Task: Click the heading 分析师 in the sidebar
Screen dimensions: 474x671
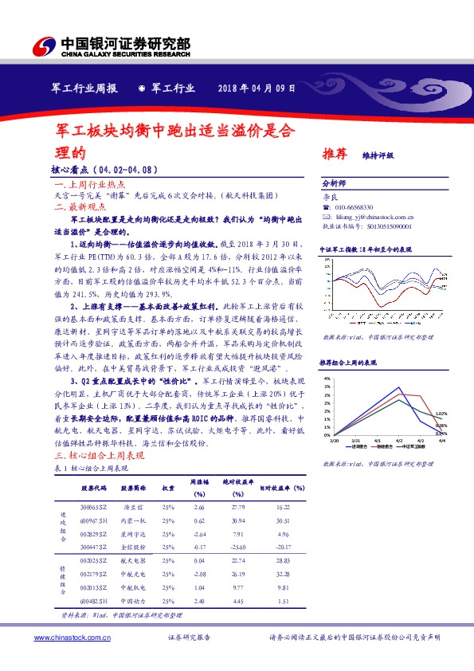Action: tap(334, 182)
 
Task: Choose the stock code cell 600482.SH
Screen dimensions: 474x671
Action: tap(92, 601)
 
